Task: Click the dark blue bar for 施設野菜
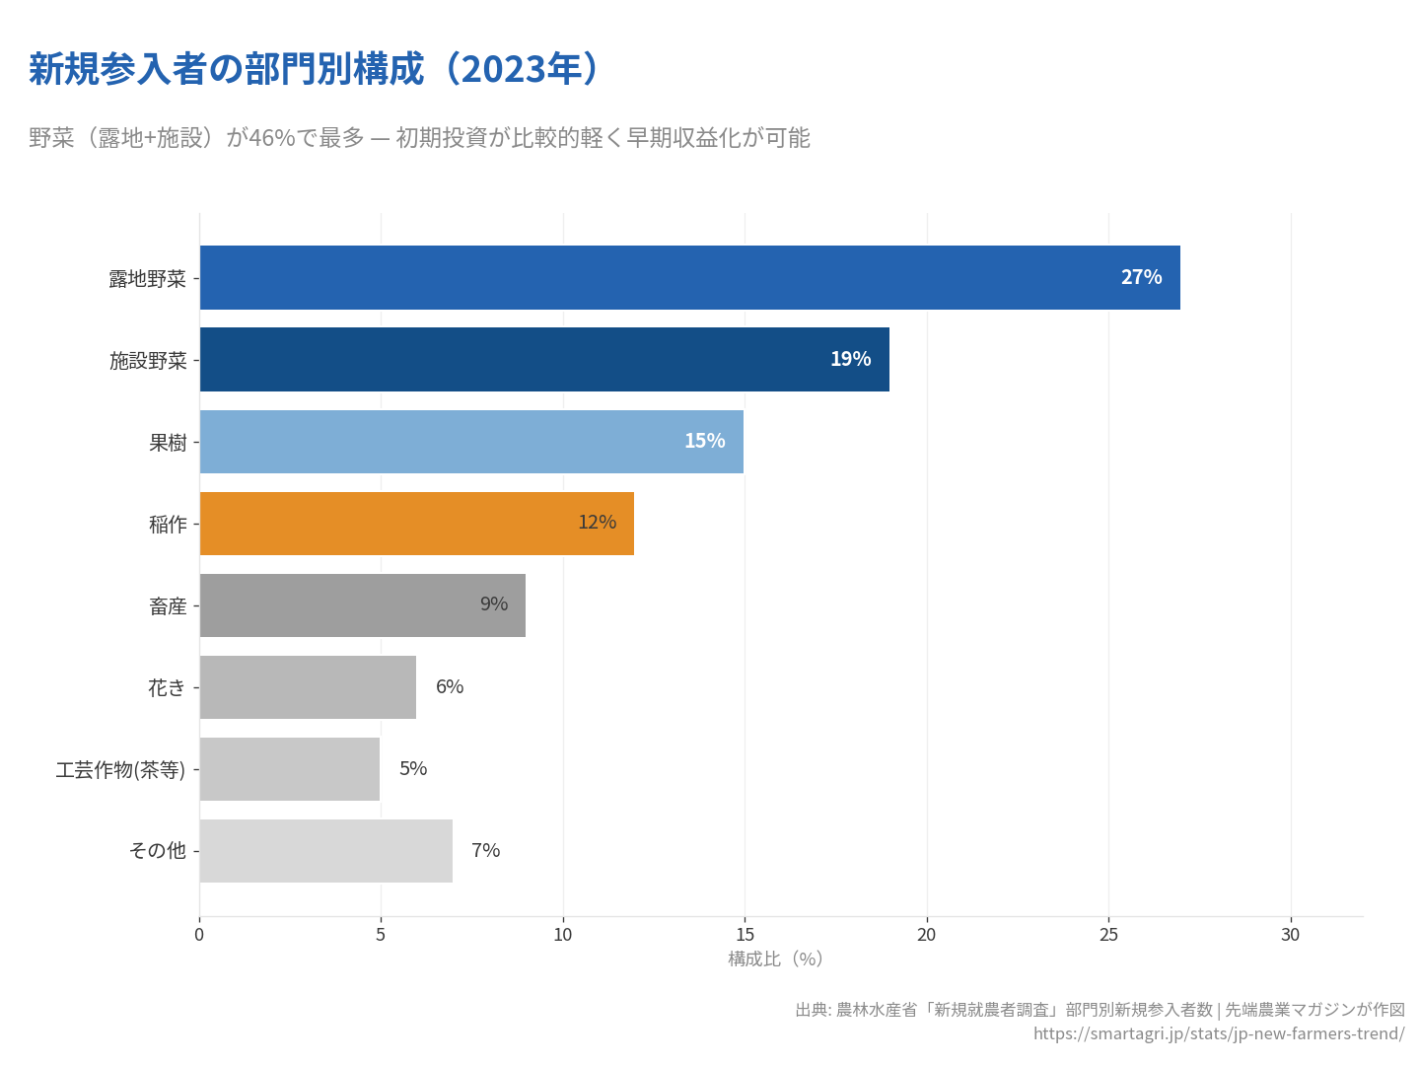[544, 359]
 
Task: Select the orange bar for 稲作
[416, 524]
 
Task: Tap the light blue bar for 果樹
[471, 441]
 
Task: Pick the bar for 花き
[308, 687]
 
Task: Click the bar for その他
[325, 851]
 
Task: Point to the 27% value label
[1141, 277]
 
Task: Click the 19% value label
[850, 359]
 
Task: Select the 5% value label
[413, 768]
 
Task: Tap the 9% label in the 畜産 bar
[494, 604]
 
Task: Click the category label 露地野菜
[147, 279]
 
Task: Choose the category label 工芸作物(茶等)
[120, 770]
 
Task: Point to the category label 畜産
[168, 606]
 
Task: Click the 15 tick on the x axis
[745, 935]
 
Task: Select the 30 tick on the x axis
[1290, 935]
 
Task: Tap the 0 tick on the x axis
[199, 935]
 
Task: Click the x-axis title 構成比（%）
[775, 959]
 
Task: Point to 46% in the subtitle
[271, 138]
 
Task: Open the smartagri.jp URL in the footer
[1219, 1033]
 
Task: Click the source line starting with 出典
[1100, 1010]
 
